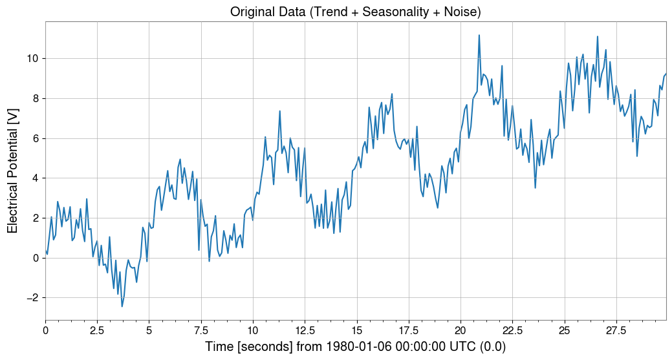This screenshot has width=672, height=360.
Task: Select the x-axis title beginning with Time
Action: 355,347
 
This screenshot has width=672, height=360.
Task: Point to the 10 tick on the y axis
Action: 33,58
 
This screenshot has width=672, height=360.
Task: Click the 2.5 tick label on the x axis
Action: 97,331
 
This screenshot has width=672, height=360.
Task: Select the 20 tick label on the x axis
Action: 460,331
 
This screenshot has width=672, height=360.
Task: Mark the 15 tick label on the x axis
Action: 356,331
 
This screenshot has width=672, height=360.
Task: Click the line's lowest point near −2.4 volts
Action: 122,306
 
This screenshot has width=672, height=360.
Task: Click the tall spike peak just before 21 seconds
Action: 479,35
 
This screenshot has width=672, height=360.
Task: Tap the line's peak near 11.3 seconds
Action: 280,111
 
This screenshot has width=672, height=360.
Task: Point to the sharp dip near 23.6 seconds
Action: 536,187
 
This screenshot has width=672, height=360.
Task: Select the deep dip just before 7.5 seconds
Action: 199,250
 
